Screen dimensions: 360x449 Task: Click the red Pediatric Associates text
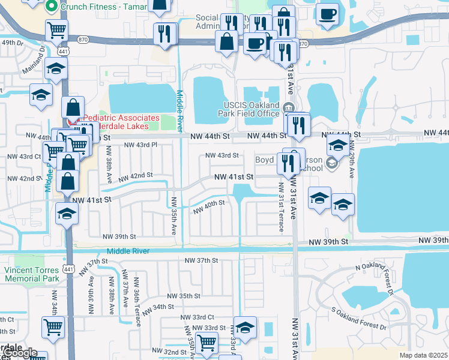[x=121, y=118]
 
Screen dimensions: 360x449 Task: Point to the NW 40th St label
[x=209, y=206]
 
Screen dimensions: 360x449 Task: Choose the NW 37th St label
[x=200, y=260]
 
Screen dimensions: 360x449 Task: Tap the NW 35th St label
[x=184, y=296]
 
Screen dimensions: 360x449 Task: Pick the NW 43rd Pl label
[x=140, y=145]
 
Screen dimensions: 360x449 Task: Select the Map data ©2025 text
[x=423, y=355]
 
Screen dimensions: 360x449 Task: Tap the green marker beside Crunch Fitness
[x=52, y=7]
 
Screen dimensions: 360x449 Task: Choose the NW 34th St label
[x=150, y=307]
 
